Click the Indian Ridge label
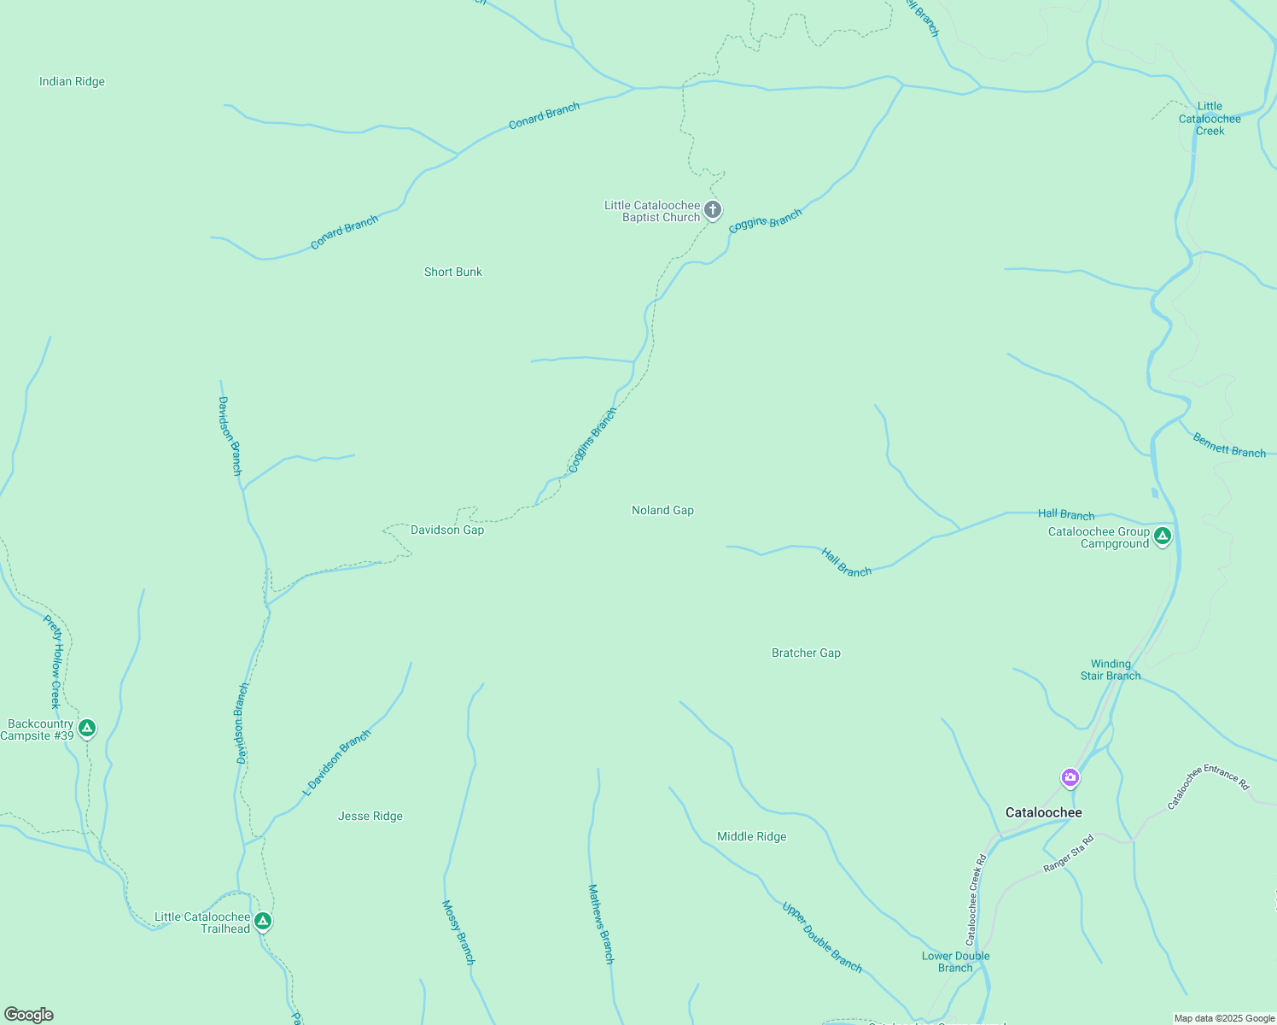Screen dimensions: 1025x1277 pyautogui.click(x=72, y=82)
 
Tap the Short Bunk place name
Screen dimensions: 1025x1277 pyautogui.click(x=453, y=272)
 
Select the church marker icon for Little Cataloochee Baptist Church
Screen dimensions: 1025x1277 pyautogui.click(x=713, y=209)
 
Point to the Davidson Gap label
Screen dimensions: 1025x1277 pyautogui.click(x=447, y=530)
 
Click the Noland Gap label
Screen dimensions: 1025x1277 pyautogui.click(x=662, y=510)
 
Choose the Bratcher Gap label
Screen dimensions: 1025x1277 pyautogui.click(x=806, y=653)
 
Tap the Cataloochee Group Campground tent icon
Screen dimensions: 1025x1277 pyautogui.click(x=1162, y=536)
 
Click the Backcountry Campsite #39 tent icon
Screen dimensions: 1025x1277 pyautogui.click(x=86, y=729)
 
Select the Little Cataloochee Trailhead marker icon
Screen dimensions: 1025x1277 pyautogui.click(x=264, y=921)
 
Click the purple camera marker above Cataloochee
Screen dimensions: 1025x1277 pyautogui.click(x=1070, y=777)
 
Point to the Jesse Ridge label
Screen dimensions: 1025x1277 pyautogui.click(x=370, y=816)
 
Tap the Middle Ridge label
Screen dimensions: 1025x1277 pyautogui.click(x=752, y=836)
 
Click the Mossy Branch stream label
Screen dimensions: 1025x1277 pyautogui.click(x=458, y=932)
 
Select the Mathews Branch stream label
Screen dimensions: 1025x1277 pyautogui.click(x=601, y=924)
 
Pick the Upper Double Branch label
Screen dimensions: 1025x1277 pyautogui.click(x=822, y=937)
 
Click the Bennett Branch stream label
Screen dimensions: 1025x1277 pyautogui.click(x=1229, y=446)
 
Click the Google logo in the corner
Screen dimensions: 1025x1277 pyautogui.click(x=29, y=1014)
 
